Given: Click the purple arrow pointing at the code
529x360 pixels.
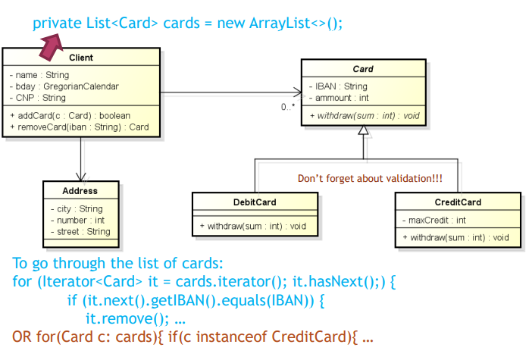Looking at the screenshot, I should [52, 48].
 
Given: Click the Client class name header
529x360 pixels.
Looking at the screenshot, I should [80, 58].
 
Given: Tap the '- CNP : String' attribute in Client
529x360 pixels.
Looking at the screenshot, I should [38, 98].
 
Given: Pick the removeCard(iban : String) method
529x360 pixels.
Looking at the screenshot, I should [80, 127].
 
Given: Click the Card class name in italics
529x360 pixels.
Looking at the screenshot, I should [363, 69].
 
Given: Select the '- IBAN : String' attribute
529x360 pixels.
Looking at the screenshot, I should [338, 86].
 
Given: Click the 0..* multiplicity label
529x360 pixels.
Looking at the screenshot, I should [288, 107].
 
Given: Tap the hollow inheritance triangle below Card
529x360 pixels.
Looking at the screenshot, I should [363, 130].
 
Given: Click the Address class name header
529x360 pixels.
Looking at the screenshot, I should [80, 190].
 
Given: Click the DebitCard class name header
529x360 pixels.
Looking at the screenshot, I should [255, 202].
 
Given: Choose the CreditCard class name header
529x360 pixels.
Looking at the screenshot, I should [457, 202].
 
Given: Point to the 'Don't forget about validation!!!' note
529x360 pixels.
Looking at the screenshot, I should [370, 179].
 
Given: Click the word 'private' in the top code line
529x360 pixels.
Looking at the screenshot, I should [55, 23].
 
